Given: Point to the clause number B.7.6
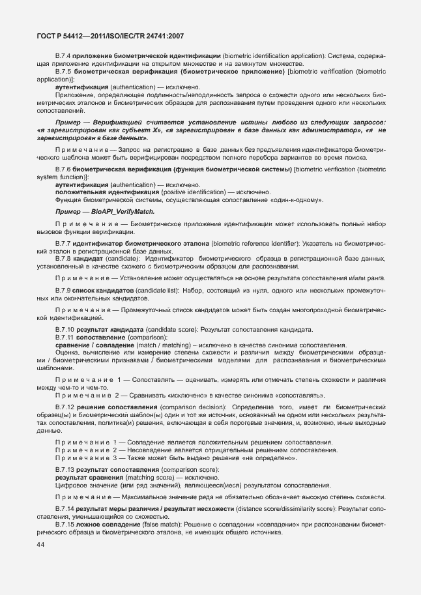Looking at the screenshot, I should [65, 169].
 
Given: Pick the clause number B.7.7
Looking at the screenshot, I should [65, 243].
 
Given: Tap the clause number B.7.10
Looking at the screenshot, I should [66, 329].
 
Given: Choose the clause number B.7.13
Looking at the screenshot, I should [66, 470].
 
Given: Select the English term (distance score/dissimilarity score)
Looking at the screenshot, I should [284, 507].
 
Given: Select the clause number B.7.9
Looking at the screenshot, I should [65, 289].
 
